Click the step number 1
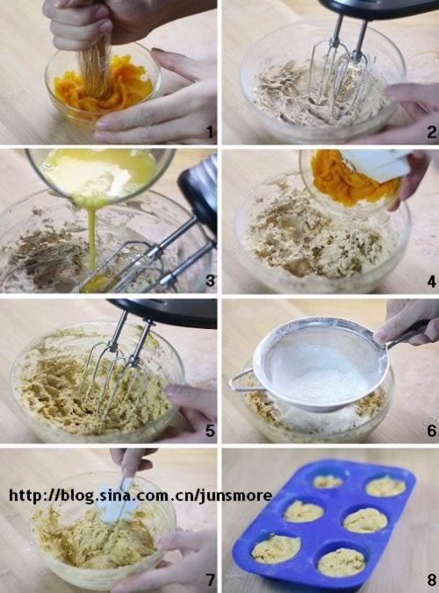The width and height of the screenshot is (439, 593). click(210, 132)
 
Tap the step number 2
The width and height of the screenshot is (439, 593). click(432, 132)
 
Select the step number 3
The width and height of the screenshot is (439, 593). click(210, 280)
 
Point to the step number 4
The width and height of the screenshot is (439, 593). click(432, 281)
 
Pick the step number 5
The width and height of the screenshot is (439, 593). click(210, 431)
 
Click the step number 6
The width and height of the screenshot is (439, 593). click(432, 431)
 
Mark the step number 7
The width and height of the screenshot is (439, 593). click(210, 580)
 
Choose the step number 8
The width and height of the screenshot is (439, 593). click(432, 580)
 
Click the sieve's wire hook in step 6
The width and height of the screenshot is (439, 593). click(240, 380)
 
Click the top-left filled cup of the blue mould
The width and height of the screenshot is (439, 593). click(328, 482)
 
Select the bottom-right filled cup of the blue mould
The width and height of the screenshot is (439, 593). click(341, 562)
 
